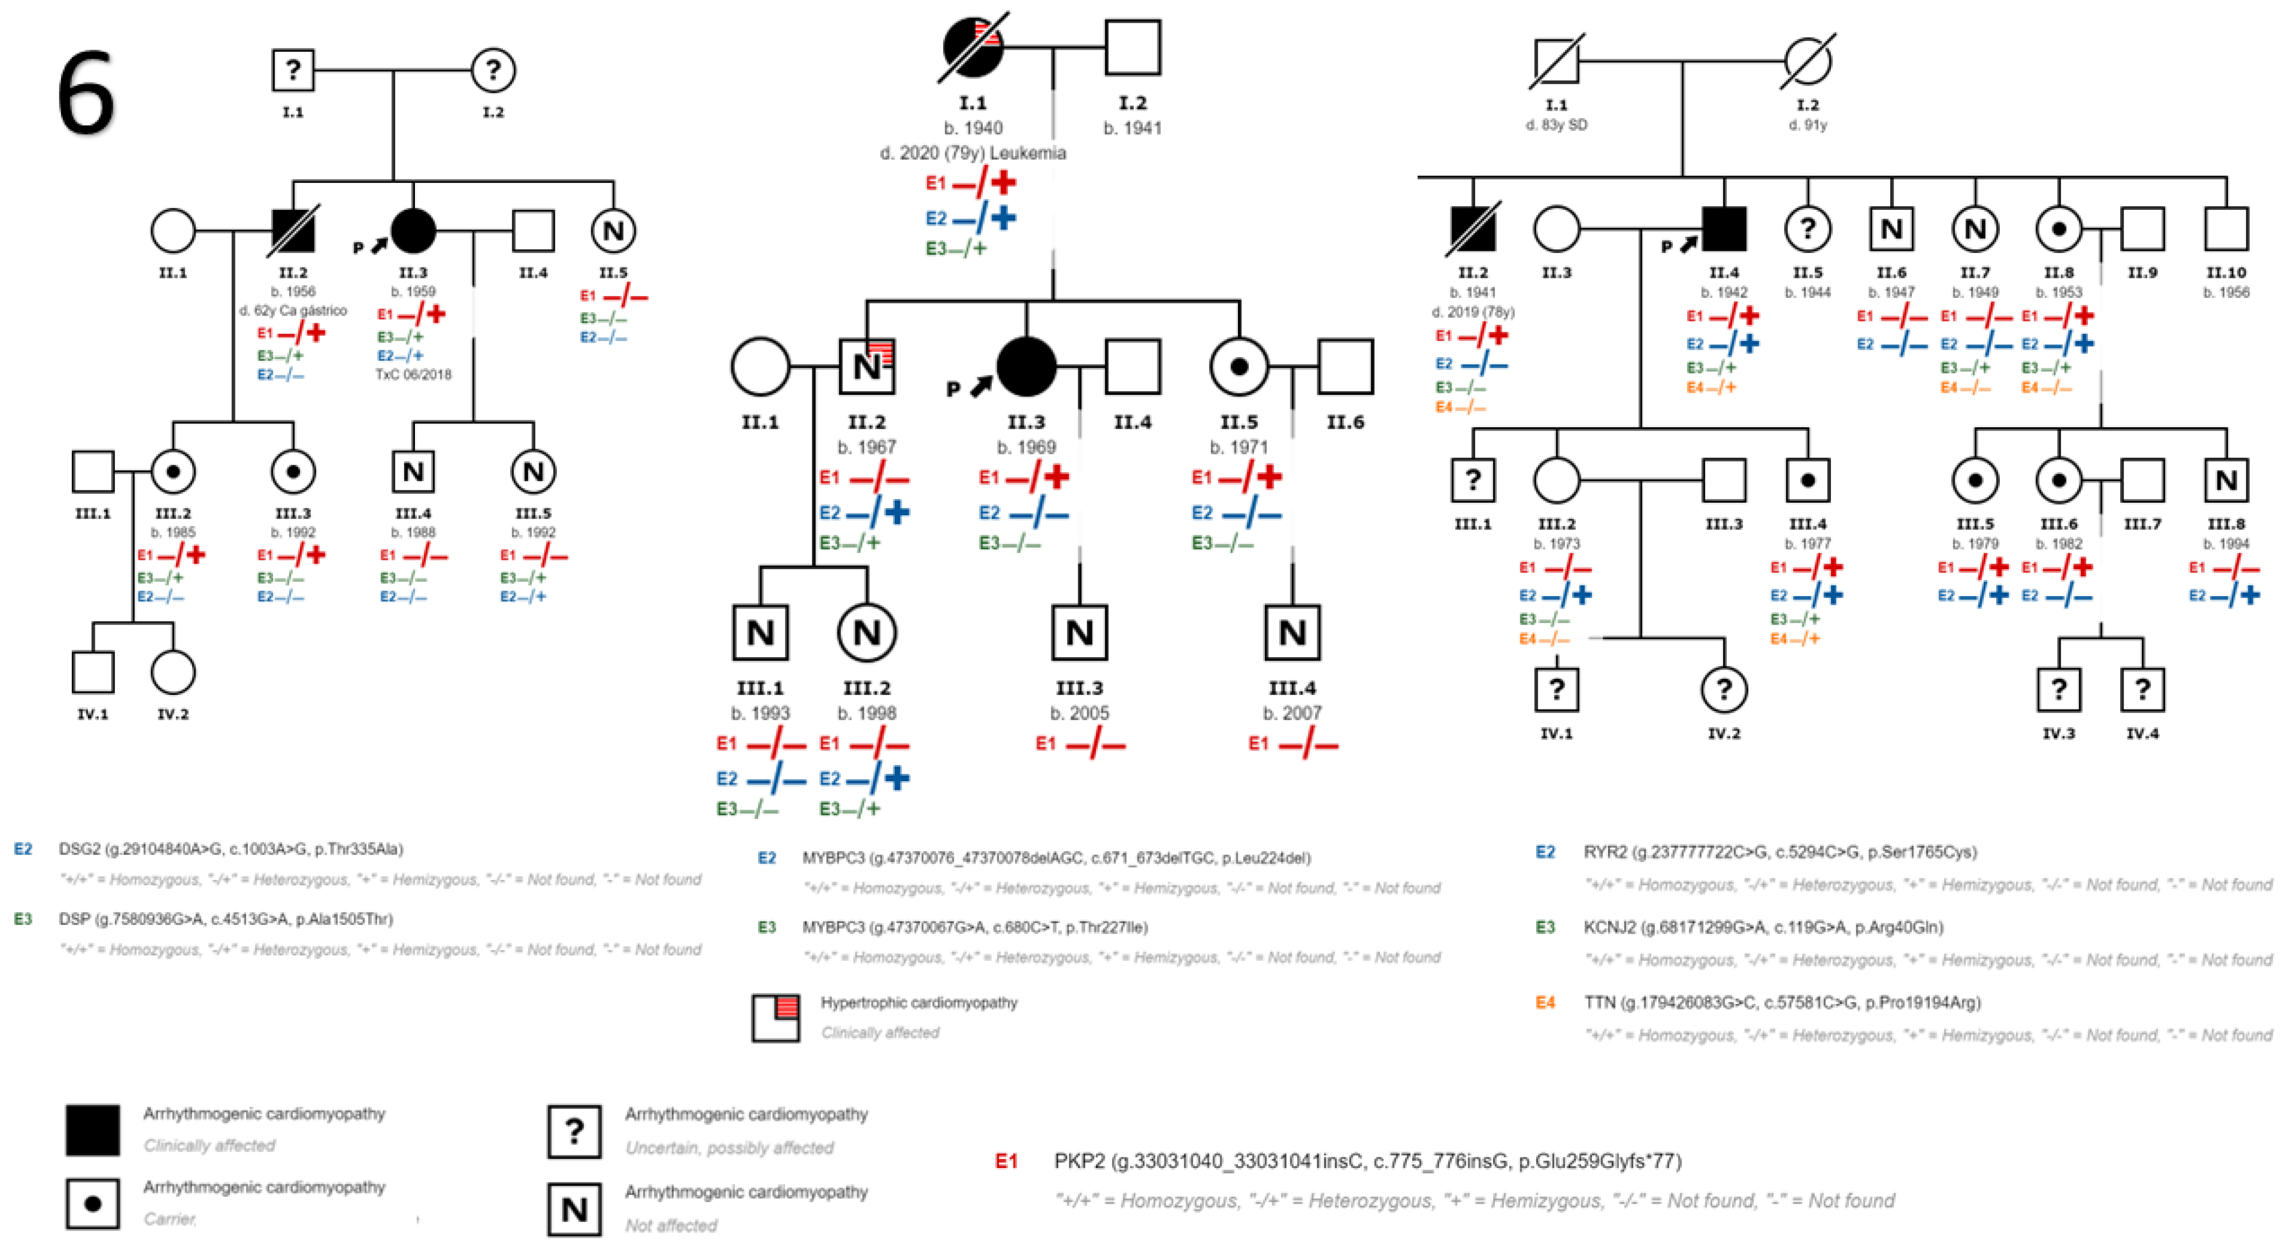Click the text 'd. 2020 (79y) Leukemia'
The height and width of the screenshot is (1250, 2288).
tap(972, 153)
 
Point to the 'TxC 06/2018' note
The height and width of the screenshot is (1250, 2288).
tap(413, 374)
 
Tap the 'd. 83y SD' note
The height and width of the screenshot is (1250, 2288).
tap(1556, 125)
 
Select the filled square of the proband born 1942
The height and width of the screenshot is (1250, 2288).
tap(1724, 229)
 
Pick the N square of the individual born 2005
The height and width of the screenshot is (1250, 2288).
tap(1079, 633)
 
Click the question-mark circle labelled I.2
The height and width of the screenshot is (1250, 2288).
tap(493, 70)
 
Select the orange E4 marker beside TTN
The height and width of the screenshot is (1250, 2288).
tap(1545, 1002)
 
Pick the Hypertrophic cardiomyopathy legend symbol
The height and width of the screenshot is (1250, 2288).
tap(775, 1017)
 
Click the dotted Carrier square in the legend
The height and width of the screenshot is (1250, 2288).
tap(92, 1204)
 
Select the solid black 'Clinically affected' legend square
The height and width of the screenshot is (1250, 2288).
tap(92, 1130)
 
